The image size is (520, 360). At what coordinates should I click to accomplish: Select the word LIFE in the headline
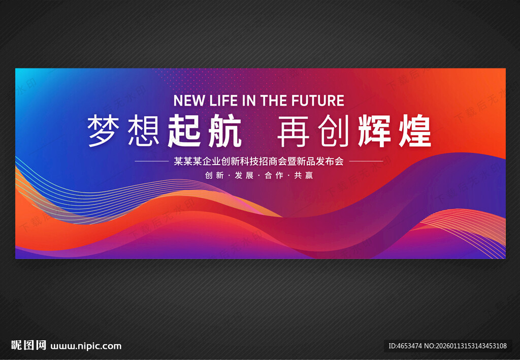tap(225, 101)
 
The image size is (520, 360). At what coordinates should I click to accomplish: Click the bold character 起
tap(184, 130)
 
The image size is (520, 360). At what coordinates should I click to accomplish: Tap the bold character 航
tap(223, 130)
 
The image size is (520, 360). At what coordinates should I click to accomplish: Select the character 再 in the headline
tap(294, 130)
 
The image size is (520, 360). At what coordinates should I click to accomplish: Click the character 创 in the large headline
tap(334, 130)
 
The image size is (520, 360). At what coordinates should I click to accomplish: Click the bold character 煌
tap(414, 130)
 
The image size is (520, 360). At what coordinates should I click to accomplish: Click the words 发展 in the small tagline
tap(245, 176)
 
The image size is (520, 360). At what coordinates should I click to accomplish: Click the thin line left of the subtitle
tap(151, 161)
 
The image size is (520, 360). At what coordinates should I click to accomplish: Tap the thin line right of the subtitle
tap(366, 161)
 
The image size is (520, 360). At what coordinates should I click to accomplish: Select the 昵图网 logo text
tap(28, 346)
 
